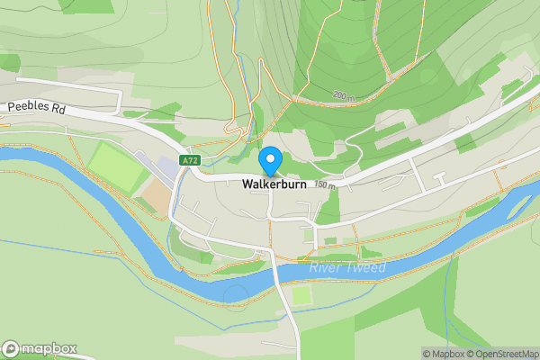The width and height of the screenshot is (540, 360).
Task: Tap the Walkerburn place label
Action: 274,184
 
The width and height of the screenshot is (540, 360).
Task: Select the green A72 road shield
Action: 189,160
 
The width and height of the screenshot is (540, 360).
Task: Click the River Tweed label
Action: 346,268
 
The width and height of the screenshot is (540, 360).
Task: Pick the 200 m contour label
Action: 343,94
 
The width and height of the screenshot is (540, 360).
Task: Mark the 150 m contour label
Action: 324,186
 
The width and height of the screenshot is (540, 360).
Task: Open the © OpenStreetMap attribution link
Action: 497,354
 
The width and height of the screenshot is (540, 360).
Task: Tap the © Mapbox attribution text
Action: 442,354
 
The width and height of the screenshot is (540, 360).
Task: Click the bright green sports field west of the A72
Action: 111,164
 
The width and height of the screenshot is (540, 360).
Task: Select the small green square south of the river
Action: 301,295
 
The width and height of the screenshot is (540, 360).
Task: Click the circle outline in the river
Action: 236,294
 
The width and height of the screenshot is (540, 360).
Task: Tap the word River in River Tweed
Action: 324,268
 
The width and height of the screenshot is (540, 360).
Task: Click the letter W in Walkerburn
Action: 247,184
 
